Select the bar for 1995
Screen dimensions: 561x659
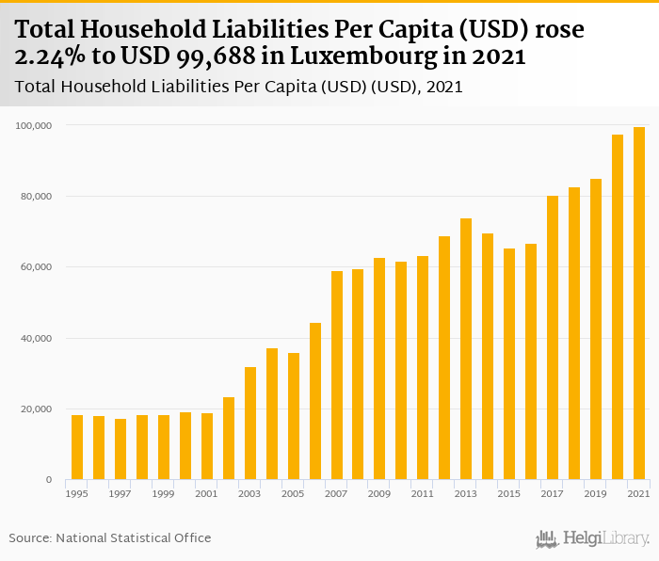tap(77, 448)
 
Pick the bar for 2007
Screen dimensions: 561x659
tap(336, 376)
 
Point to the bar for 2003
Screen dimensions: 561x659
tap(250, 424)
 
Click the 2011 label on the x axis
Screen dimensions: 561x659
tap(423, 493)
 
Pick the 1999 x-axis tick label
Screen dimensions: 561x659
tap(164, 493)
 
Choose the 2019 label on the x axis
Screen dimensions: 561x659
tap(596, 493)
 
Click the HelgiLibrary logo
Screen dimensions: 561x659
tap(593, 538)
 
